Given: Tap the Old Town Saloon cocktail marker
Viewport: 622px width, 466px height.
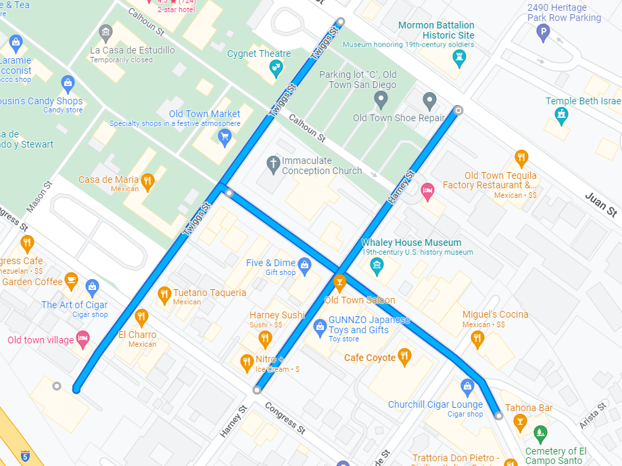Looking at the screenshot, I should tap(339, 282).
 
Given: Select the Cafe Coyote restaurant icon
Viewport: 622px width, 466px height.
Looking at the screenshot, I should tap(404, 356).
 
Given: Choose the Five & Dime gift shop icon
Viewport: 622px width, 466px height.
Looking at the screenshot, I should tap(304, 264).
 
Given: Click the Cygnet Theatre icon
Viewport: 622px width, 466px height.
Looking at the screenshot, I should tap(276, 67).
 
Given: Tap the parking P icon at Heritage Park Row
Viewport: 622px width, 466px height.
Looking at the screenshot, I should tap(543, 32).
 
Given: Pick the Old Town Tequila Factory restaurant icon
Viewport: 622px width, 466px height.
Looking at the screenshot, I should tap(521, 158).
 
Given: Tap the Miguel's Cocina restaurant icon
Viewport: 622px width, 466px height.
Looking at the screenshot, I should tap(478, 338).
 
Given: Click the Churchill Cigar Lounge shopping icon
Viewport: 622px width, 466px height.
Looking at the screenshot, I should tap(466, 387).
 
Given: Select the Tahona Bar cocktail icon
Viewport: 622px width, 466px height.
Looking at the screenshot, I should tap(519, 423).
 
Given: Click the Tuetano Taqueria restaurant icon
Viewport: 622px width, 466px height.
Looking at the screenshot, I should tap(164, 294).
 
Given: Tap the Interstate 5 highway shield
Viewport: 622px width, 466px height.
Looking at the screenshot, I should tap(25, 456).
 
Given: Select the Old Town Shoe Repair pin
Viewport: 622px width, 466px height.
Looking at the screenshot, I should tap(429, 102).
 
